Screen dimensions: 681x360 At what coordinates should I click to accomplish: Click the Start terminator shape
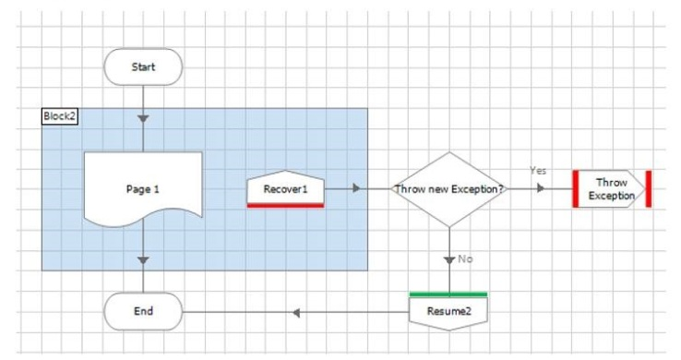pos(143,66)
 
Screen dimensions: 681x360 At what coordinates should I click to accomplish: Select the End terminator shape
pos(143,311)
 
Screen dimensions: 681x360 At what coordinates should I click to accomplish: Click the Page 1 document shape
pos(143,189)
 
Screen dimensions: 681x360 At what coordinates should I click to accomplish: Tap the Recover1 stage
pos(285,188)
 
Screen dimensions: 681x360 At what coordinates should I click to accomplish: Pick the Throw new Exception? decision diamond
pos(449,189)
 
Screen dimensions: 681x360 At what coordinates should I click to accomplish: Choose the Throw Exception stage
pos(612,189)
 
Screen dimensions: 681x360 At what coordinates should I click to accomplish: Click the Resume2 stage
pos(448,311)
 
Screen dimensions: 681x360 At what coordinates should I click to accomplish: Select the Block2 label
pos(59,116)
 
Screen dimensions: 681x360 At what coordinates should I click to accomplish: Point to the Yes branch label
pos(538,171)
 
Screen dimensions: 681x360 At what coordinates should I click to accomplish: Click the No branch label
pos(465,258)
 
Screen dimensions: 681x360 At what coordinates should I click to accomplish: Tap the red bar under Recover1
pos(285,206)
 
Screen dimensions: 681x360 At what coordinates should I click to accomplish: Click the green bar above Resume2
pos(448,294)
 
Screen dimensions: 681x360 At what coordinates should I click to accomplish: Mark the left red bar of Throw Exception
pos(576,189)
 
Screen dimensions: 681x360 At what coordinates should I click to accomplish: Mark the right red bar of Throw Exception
pos(649,189)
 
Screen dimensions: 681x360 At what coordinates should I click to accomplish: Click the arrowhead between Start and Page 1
pos(143,118)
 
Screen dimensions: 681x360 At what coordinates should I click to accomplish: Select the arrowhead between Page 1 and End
pos(143,260)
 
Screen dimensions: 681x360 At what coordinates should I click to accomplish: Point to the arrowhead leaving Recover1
pos(356,188)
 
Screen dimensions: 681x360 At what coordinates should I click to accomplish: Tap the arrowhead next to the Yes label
pos(541,188)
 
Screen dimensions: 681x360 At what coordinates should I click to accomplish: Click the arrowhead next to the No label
pos(449,260)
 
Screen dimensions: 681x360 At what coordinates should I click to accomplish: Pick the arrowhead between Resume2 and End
pos(296,313)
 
